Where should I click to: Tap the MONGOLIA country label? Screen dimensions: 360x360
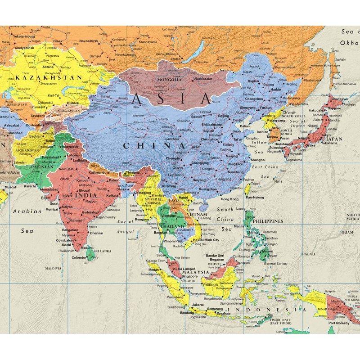click(x=169, y=80)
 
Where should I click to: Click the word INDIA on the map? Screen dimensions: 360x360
click(x=85, y=196)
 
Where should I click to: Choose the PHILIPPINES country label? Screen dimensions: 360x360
click(x=268, y=221)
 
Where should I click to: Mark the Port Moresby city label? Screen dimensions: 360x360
click(x=341, y=323)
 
